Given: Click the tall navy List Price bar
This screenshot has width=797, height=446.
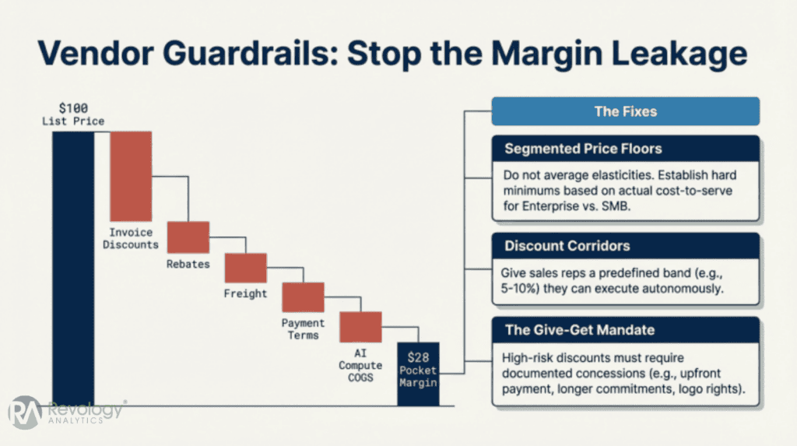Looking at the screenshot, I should click(73, 265).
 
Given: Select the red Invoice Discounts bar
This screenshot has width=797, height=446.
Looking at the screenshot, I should click(130, 176).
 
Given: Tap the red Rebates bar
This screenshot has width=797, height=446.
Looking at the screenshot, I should click(188, 237).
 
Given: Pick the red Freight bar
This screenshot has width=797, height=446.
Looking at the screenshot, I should click(245, 268).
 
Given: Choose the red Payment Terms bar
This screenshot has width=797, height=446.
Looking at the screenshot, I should click(303, 297).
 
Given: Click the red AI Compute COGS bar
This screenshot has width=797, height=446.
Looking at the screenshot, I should click(360, 327).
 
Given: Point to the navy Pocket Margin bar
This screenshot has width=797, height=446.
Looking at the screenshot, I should click(418, 373).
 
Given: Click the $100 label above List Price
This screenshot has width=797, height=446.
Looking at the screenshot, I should click(73, 108).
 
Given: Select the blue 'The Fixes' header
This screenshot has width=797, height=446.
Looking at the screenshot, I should click(625, 111).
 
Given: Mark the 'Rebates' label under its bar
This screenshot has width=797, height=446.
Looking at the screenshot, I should click(188, 264).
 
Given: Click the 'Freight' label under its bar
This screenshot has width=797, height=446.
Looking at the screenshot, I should click(245, 293).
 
